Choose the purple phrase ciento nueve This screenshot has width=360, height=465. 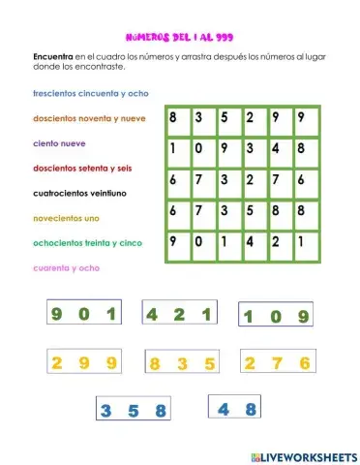click(58, 143)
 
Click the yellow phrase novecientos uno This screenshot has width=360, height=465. click(66, 218)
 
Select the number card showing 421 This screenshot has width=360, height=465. click(179, 314)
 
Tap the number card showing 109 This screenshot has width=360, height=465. click(276, 316)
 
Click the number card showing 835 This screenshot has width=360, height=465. click(181, 364)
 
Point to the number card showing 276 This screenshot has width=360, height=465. click(277, 363)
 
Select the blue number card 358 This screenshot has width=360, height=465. click(134, 410)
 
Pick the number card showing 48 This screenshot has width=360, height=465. click(236, 409)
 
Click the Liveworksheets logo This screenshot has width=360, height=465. click(303, 455)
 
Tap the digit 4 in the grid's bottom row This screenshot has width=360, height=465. click(250, 242)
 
